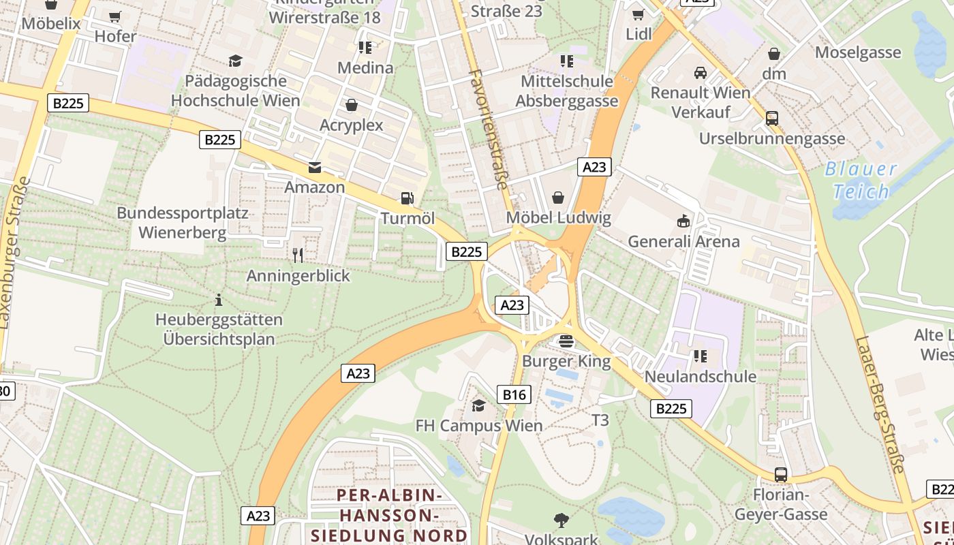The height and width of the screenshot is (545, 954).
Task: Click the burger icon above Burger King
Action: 566,341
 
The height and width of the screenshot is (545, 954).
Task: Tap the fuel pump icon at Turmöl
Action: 407,198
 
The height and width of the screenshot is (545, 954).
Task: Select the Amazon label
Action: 314,187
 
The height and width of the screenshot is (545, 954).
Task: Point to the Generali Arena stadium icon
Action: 683,221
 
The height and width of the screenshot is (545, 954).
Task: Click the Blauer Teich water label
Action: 861,181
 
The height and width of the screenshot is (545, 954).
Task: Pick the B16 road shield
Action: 514,394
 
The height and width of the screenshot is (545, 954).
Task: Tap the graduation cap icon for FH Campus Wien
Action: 479,405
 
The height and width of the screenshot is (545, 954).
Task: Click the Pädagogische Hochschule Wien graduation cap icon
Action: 235,61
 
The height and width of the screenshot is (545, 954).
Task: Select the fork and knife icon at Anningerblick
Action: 298,255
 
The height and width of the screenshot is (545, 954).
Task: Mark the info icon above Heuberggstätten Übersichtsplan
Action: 219,300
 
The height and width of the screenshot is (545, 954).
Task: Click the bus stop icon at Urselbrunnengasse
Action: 771,118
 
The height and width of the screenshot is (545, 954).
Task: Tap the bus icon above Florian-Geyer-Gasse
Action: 781,475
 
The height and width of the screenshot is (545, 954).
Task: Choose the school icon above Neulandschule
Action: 700,356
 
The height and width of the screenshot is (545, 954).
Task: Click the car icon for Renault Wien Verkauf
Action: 700,72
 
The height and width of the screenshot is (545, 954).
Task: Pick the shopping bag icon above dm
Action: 774,53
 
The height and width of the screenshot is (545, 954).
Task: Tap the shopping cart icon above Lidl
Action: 638,14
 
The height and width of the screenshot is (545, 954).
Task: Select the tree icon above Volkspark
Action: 561,520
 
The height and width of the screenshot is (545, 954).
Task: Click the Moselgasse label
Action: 867,52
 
